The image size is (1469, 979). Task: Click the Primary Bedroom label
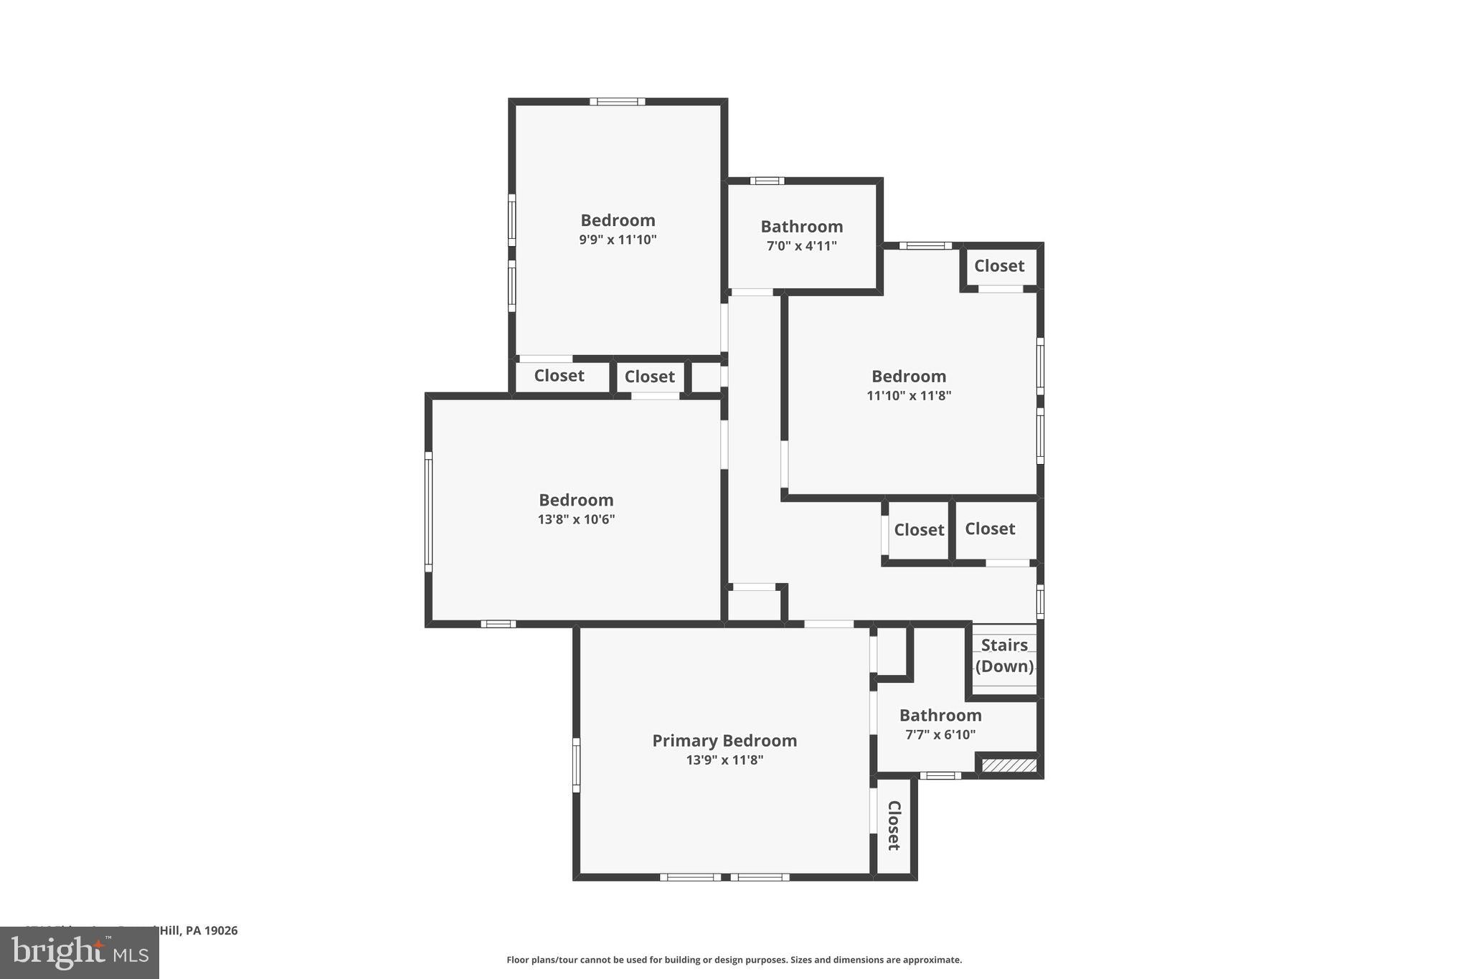tap(724, 740)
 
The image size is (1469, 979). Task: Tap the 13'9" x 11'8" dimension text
tap(724, 760)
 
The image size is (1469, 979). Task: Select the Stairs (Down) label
tap(1004, 656)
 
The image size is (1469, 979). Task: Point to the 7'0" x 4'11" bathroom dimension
tap(801, 246)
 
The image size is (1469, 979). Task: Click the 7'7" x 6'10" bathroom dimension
tap(940, 734)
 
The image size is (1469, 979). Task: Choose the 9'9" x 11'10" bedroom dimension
tap(618, 240)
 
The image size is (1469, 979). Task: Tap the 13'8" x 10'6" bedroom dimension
tap(576, 519)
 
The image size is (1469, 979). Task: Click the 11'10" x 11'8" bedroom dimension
tap(909, 395)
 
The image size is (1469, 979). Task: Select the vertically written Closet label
tap(894, 826)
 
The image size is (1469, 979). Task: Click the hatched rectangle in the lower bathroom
tap(1009, 766)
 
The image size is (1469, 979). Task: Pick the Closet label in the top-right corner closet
tap(999, 266)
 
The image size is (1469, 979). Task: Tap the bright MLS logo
tap(79, 953)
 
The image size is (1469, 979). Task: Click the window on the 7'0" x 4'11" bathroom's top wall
tap(767, 181)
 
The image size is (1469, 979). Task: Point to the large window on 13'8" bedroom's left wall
tap(428, 511)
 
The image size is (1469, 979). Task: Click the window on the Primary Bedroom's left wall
tap(576, 765)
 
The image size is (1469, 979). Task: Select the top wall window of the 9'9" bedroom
tap(617, 102)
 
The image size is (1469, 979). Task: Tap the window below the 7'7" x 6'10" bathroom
tap(940, 775)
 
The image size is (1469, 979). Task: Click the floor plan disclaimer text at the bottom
tap(734, 960)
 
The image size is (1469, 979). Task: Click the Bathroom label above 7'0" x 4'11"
tap(801, 227)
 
